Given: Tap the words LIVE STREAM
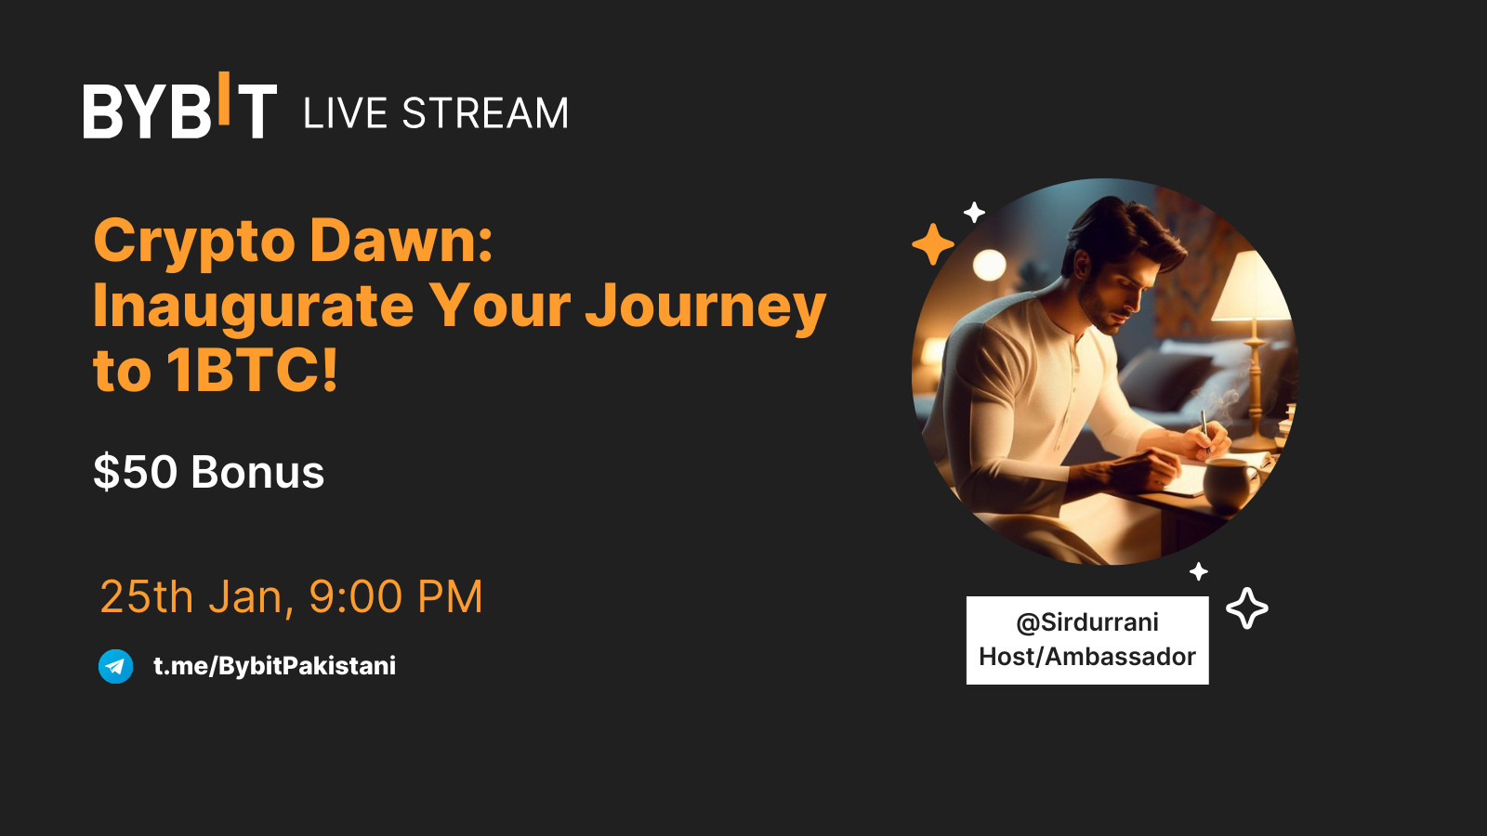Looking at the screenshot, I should pos(435,114).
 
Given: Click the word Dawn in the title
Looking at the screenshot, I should pos(401,241).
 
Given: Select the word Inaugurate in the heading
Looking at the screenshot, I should pos(253,307).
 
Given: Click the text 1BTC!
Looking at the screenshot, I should pos(252,371).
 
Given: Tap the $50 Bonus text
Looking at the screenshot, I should pos(209,472).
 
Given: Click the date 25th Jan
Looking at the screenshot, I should pos(196,596).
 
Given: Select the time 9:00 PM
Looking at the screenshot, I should pos(396,596).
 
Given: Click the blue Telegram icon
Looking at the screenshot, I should pos(116,666).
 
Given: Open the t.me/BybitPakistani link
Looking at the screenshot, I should pos(274,666).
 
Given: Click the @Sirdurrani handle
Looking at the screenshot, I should pos(1087,622).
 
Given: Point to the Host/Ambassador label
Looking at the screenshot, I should pos(1087,657).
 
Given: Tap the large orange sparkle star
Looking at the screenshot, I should pos(933,244).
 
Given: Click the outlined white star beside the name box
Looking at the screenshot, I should pos(1247,608).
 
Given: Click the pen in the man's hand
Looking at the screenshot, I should pos(1204,427).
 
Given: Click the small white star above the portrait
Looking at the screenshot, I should pos(974,213).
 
